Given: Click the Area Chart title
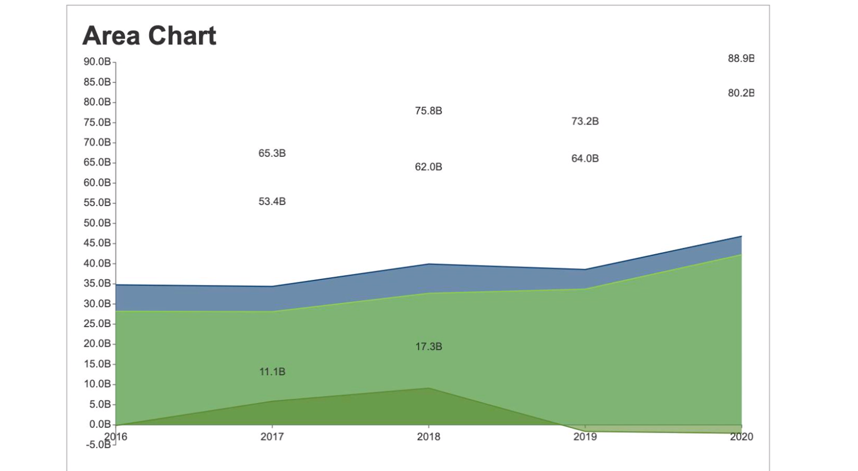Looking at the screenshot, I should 149,36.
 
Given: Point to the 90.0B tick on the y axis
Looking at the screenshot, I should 97,62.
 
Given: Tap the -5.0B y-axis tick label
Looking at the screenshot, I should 98,445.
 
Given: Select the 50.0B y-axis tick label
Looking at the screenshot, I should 97,223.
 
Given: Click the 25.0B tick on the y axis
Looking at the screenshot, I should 97,324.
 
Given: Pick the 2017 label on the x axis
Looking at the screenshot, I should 272,437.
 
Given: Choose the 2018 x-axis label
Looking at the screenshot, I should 428,437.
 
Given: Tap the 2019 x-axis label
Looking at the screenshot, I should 585,437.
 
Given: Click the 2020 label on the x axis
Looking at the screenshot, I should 741,437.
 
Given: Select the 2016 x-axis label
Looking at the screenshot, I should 116,436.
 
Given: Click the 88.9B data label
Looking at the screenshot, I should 741,58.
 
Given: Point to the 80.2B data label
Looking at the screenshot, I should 741,93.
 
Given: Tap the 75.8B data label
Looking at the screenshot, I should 428,111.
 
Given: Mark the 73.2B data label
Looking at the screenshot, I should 585,121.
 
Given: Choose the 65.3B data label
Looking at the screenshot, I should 272,153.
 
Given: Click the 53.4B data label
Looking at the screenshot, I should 272,202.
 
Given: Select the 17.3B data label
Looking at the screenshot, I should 428,347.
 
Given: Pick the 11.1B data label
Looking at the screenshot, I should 272,372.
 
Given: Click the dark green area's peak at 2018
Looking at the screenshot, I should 428,388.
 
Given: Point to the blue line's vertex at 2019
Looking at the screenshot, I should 585,269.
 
